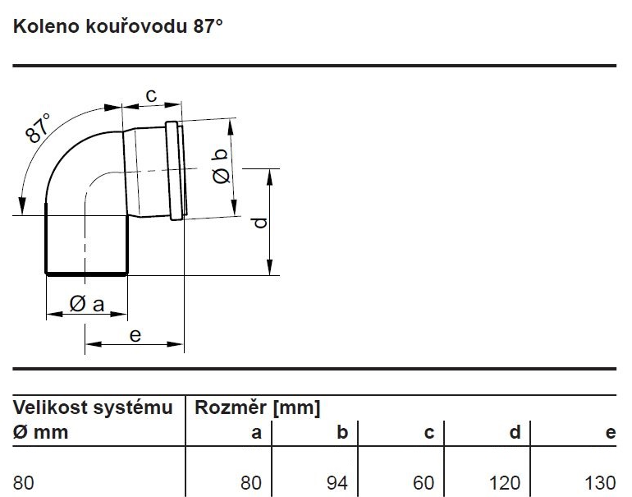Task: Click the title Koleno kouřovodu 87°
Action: tap(117, 25)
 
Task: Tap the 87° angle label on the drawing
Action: tap(39, 129)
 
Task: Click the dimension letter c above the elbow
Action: tap(151, 95)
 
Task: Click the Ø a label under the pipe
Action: tap(87, 304)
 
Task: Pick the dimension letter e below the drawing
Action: tap(135, 334)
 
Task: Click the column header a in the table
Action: tap(256, 432)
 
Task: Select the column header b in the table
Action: tap(342, 432)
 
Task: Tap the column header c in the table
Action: tap(428, 432)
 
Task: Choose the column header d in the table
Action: tap(515, 432)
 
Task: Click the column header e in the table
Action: tap(610, 432)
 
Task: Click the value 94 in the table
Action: tap(337, 482)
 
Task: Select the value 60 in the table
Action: tap(424, 482)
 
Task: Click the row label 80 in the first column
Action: tap(24, 482)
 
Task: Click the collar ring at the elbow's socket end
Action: tap(174, 170)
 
